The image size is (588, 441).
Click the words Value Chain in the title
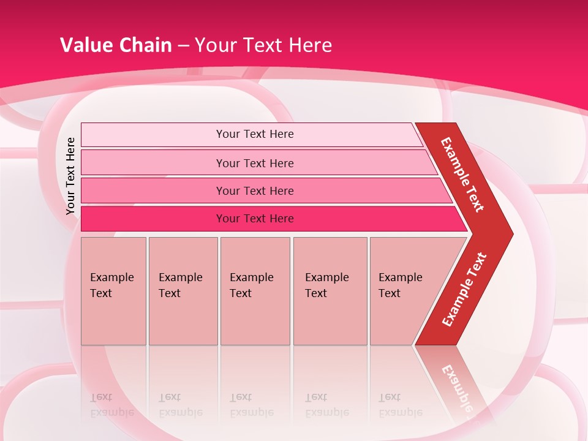(x=116, y=45)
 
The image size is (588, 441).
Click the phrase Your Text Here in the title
(x=263, y=45)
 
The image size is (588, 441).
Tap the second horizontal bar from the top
(x=254, y=163)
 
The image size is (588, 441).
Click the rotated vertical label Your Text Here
(x=70, y=176)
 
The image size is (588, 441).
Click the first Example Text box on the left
(x=113, y=290)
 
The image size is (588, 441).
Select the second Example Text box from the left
(x=183, y=290)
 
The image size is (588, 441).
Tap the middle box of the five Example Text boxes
(x=255, y=290)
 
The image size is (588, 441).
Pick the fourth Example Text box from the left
(x=330, y=290)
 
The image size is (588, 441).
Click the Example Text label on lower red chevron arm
(x=464, y=289)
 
